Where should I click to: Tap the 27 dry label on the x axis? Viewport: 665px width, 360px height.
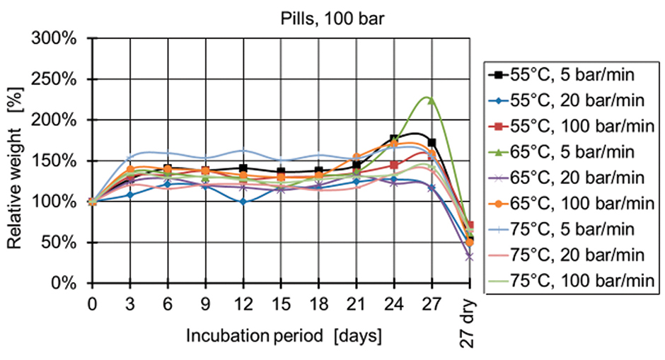pos(468,323)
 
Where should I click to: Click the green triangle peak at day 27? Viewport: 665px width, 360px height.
pos(431,100)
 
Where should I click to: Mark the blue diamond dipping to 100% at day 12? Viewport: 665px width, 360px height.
pos(243,202)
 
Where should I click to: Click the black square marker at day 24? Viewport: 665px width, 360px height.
pos(394,139)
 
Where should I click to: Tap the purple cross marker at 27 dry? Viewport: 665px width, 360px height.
pos(469,257)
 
